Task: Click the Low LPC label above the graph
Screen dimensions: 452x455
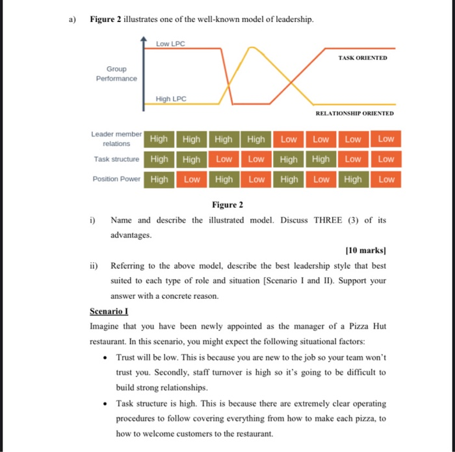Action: pyautogui.click(x=170, y=44)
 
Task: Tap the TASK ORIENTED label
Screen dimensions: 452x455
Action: pyautogui.click(x=362, y=58)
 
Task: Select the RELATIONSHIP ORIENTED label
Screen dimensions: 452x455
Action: pyautogui.click(x=354, y=113)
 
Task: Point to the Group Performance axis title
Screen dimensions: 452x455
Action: pyautogui.click(x=116, y=73)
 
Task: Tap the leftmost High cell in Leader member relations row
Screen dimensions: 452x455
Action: pyautogui.click(x=159, y=139)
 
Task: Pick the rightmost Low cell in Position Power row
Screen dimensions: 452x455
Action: pyautogui.click(x=386, y=179)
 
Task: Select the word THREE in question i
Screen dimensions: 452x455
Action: pyautogui.click(x=331, y=220)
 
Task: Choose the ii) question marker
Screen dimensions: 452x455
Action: pyautogui.click(x=95, y=266)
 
